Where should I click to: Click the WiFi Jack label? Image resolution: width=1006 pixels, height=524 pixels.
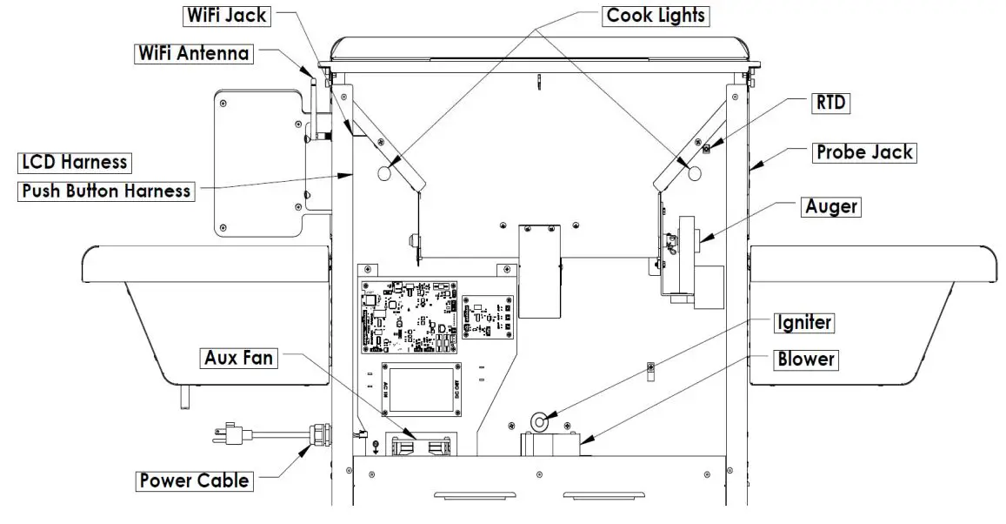225,15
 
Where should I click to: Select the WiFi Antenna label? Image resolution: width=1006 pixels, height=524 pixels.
194,53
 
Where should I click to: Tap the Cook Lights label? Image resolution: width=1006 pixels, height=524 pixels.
656,15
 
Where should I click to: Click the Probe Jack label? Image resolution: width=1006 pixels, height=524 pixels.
864,152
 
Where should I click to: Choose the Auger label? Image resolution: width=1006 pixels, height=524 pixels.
832,207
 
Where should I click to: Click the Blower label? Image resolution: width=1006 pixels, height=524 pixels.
806,359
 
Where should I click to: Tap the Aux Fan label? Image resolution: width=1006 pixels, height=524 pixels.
238,357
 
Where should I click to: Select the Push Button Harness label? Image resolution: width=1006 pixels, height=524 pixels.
106,191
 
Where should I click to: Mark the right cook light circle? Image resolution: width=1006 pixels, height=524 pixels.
693,173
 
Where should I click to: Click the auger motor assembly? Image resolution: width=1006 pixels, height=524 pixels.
691,261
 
